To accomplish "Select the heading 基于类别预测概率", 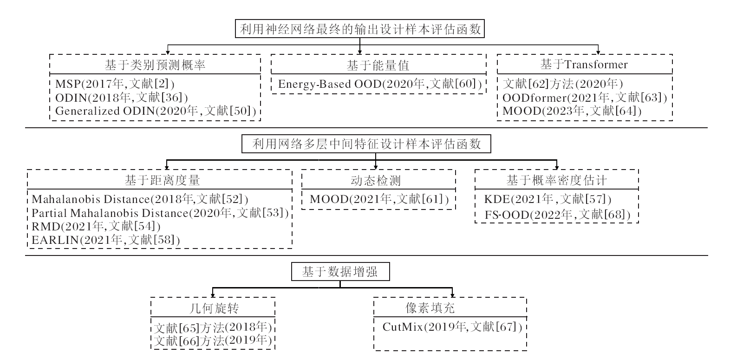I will pyautogui.click(x=155, y=65).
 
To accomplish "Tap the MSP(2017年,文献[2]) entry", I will pyautogui.click(x=115, y=84).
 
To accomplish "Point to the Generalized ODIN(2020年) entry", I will pyautogui.click(x=156, y=111).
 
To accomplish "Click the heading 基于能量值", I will pyautogui.click(x=378, y=65).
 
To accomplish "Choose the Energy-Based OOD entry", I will pyautogui.click(x=379, y=84).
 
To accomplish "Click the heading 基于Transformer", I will pyautogui.click(x=584, y=65).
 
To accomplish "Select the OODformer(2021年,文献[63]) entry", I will pyautogui.click(x=585, y=98).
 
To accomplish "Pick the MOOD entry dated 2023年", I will pyautogui.click(x=572, y=111).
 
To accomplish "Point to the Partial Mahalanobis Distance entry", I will pyautogui.click(x=160, y=213).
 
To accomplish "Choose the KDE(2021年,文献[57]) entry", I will pyautogui.click(x=547, y=199).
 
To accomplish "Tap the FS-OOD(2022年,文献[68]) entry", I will pyautogui.click(x=557, y=215).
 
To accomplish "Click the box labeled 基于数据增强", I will pyautogui.click(x=340, y=272).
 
